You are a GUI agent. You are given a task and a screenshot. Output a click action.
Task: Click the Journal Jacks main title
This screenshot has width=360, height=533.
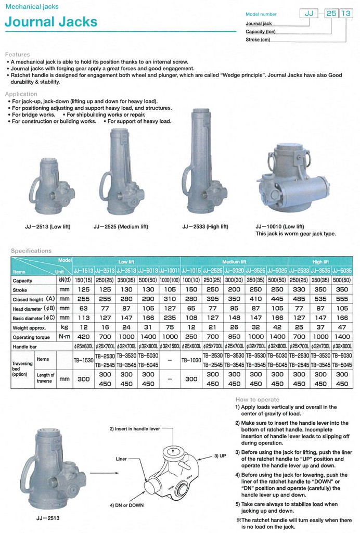tap(51, 22)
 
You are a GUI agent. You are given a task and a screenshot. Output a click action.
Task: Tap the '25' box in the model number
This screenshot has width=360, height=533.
tap(331, 14)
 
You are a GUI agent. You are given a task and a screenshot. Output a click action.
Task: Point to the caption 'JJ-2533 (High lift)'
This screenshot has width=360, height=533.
tap(205, 226)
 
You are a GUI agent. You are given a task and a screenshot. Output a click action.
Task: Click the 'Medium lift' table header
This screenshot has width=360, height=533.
tap(234, 262)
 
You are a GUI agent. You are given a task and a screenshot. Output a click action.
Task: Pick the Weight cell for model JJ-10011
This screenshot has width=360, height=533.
tap(170, 327)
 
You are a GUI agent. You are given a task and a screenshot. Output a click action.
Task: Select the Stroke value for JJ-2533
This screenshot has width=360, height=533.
tap(299, 290)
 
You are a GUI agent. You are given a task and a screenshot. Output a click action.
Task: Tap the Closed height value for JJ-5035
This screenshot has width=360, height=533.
tap(342, 299)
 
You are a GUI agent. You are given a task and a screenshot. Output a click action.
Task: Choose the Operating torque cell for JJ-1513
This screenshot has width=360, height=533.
tap(83, 337)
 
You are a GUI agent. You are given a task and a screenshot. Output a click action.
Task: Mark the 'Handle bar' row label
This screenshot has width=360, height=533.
tap(28, 346)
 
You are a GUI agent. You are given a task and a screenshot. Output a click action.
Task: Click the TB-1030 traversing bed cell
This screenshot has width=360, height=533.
tap(191, 360)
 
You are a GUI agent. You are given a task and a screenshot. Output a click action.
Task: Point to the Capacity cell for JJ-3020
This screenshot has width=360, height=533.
tap(234, 281)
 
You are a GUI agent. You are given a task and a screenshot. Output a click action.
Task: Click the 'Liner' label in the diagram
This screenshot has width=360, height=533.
tap(121, 459)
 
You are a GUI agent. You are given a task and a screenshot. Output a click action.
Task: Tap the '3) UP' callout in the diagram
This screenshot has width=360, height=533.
tap(220, 455)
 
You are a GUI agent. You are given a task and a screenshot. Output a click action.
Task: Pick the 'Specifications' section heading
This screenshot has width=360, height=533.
tap(31, 251)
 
